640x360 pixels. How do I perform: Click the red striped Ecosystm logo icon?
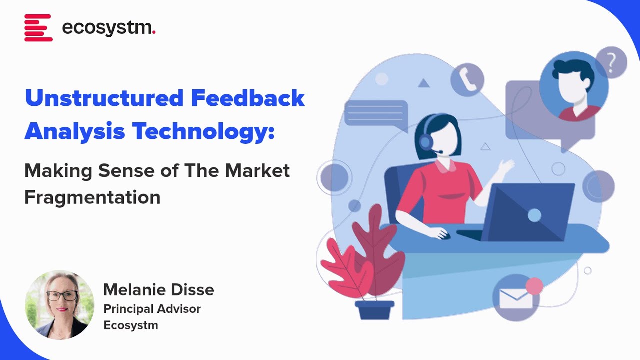[38, 28]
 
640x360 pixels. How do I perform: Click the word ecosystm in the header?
[109, 28]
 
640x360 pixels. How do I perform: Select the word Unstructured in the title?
[103, 98]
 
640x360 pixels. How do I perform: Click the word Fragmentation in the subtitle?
[92, 197]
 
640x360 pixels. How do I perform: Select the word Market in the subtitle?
[257, 171]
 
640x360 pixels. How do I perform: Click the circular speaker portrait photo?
[59, 305]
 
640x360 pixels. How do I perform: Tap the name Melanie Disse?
[158, 289]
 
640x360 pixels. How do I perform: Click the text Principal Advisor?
[152, 309]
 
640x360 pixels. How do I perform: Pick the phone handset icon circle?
[467, 79]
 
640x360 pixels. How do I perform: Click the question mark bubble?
[611, 62]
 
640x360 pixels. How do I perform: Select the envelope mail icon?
[516, 298]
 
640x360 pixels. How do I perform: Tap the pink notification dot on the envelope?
[534, 286]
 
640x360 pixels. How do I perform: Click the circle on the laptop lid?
[534, 215]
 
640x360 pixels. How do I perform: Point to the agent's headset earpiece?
[426, 142]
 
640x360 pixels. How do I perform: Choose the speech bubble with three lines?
[376, 113]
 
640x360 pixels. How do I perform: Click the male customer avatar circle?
[573, 87]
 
